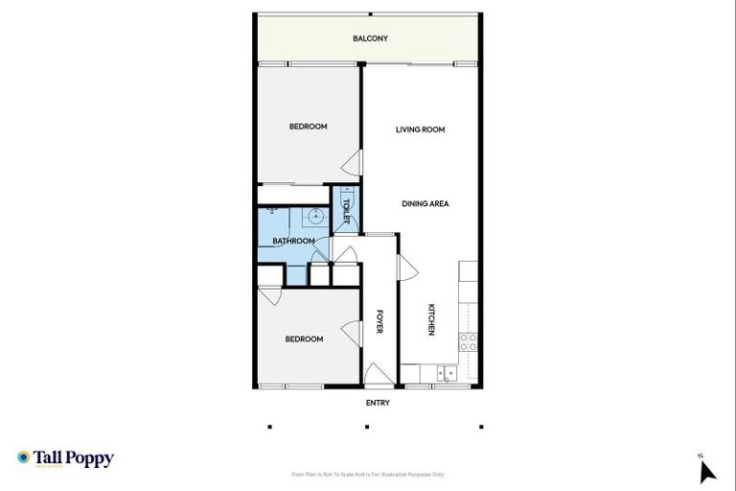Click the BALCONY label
tap(370, 38)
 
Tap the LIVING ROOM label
tap(421, 129)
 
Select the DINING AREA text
tap(425, 203)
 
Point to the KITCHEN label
tap(431, 319)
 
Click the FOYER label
tap(379, 322)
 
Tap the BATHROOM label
tap(293, 241)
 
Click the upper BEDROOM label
tap(309, 127)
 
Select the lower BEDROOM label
tap(304, 339)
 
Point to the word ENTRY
tap(378, 403)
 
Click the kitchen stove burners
tap(469, 341)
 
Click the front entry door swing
tap(377, 373)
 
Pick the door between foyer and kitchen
tap(407, 270)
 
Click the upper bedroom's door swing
tap(354, 164)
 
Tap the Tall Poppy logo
tap(65, 458)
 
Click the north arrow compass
tap(706, 470)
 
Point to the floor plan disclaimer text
tap(368, 474)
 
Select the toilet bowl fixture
tap(346, 199)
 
